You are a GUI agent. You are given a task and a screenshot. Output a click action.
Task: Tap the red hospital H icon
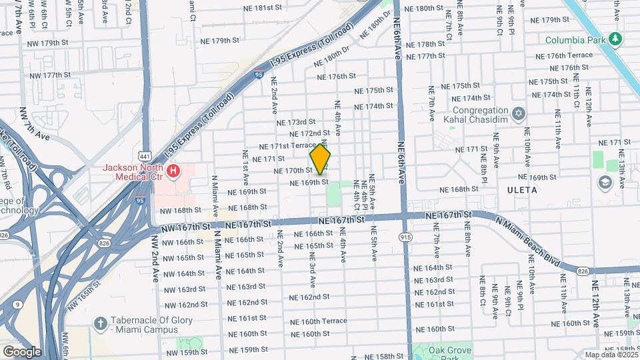point(173,172)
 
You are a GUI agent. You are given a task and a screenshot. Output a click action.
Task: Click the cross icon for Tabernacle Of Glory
point(101,323)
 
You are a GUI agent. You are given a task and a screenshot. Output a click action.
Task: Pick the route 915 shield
point(405,237)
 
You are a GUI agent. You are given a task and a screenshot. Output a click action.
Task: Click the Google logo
point(21,351)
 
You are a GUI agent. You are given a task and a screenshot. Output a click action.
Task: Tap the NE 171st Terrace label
point(287,146)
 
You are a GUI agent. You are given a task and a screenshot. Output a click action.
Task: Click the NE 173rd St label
point(296,122)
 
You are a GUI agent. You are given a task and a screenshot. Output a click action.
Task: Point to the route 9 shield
point(15,304)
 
